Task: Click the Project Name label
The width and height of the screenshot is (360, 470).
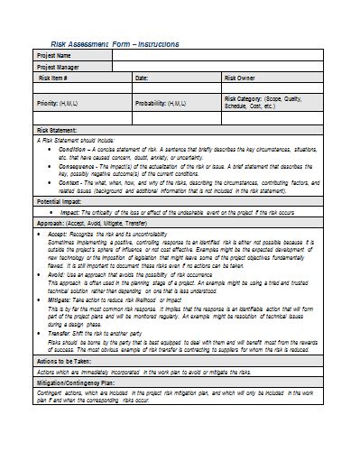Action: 54,56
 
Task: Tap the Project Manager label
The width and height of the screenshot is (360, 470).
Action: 59,67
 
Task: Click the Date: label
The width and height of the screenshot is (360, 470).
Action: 143,78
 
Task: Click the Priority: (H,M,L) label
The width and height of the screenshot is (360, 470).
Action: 58,103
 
